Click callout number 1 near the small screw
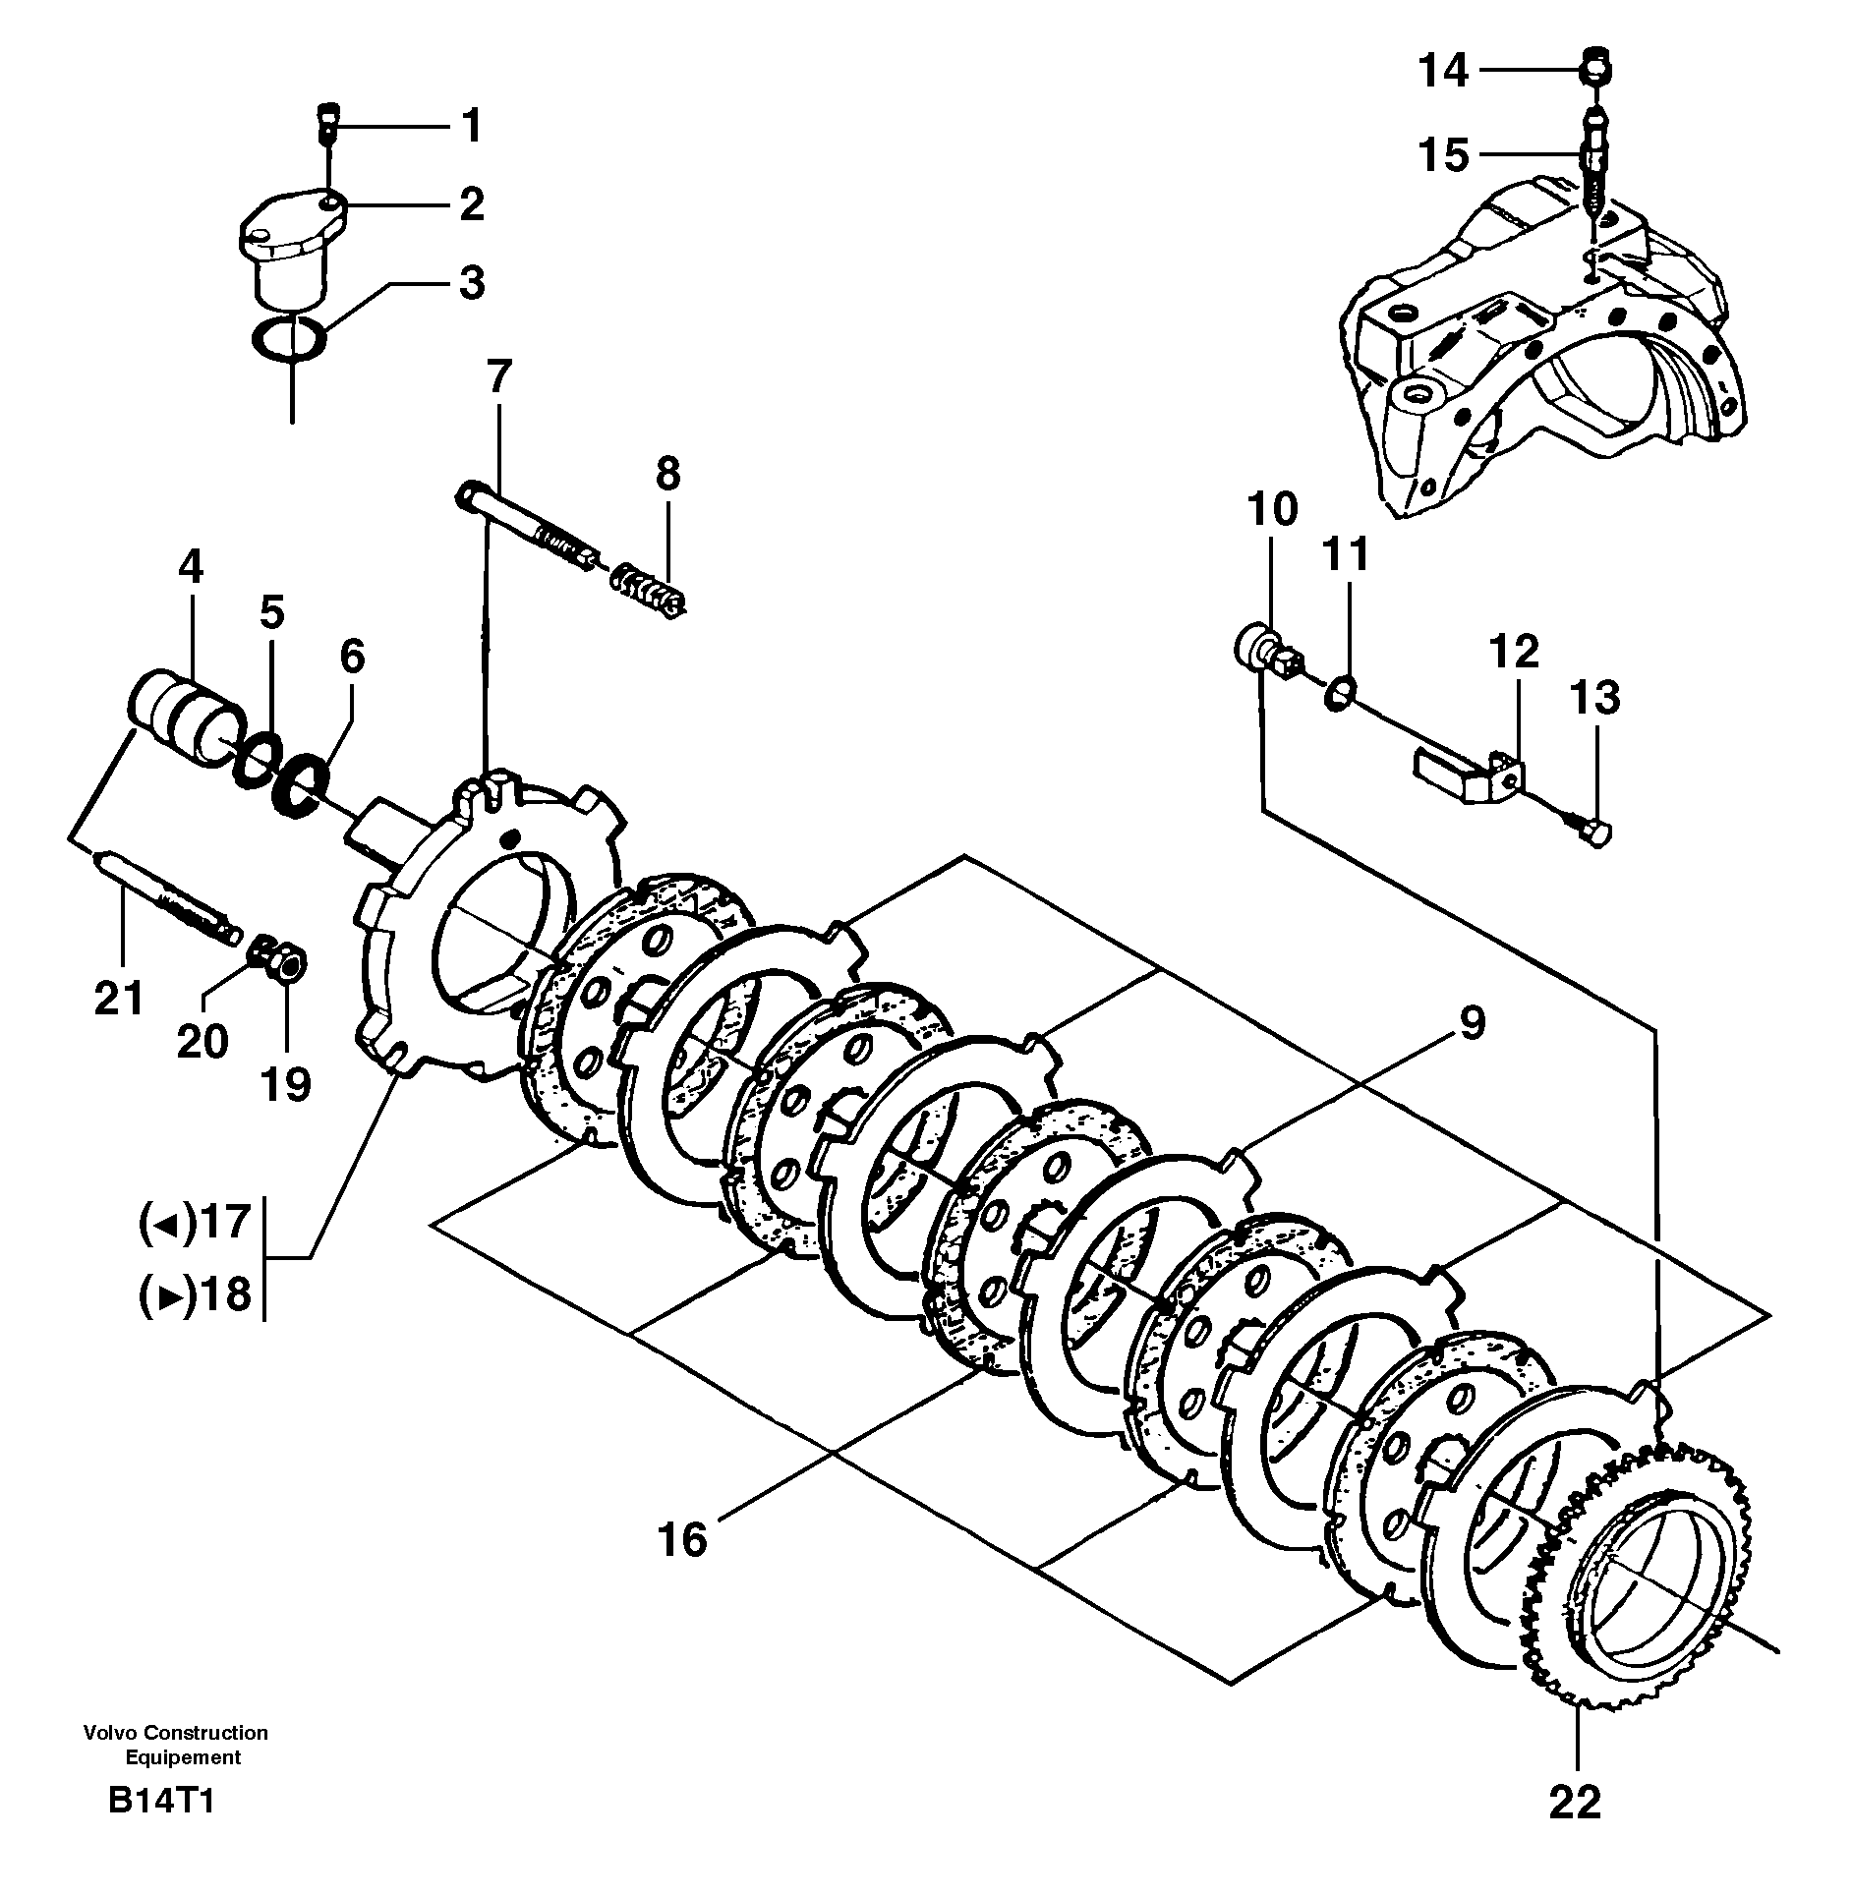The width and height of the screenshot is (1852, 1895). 472,127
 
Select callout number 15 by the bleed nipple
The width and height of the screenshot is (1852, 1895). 1443,155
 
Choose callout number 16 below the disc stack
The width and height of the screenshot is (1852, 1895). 683,1538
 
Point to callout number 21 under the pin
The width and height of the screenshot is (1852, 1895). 119,999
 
